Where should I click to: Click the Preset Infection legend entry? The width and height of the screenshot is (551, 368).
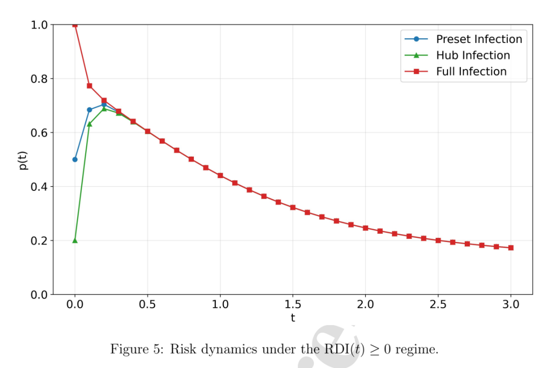pyautogui.click(x=463, y=39)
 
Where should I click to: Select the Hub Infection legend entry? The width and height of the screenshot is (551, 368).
pyautogui.click(x=457, y=55)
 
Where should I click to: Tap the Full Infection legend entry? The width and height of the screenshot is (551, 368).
pyautogui.click(x=456, y=71)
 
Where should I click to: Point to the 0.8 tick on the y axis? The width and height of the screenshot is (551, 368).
pyautogui.click(x=39, y=79)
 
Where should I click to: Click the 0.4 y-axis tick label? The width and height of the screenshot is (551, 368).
pyautogui.click(x=39, y=187)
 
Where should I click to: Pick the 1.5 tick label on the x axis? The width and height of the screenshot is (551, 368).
pyautogui.click(x=293, y=304)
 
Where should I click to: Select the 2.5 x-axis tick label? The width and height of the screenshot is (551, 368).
pyautogui.click(x=438, y=304)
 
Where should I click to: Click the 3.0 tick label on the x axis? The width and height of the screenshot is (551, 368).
pyautogui.click(x=511, y=304)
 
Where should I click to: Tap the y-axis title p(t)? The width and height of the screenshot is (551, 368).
pyautogui.click(x=22, y=160)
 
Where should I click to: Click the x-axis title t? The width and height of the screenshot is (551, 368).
pyautogui.click(x=293, y=318)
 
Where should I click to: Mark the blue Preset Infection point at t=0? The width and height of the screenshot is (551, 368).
pyautogui.click(x=75, y=160)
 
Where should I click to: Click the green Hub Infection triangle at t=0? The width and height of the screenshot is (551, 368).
pyautogui.click(x=75, y=240)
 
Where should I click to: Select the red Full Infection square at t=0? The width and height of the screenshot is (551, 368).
pyautogui.click(x=75, y=25)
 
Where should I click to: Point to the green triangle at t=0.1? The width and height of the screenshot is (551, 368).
pyautogui.click(x=89, y=124)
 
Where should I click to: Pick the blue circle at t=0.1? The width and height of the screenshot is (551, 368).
pyautogui.click(x=89, y=110)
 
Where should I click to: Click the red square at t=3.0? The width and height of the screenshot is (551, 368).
pyautogui.click(x=511, y=248)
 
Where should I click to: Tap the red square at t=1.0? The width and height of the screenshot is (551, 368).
pyautogui.click(x=220, y=176)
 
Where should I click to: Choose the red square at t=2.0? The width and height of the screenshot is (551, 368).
pyautogui.click(x=365, y=228)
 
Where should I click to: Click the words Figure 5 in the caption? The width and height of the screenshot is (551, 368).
pyautogui.click(x=137, y=350)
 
